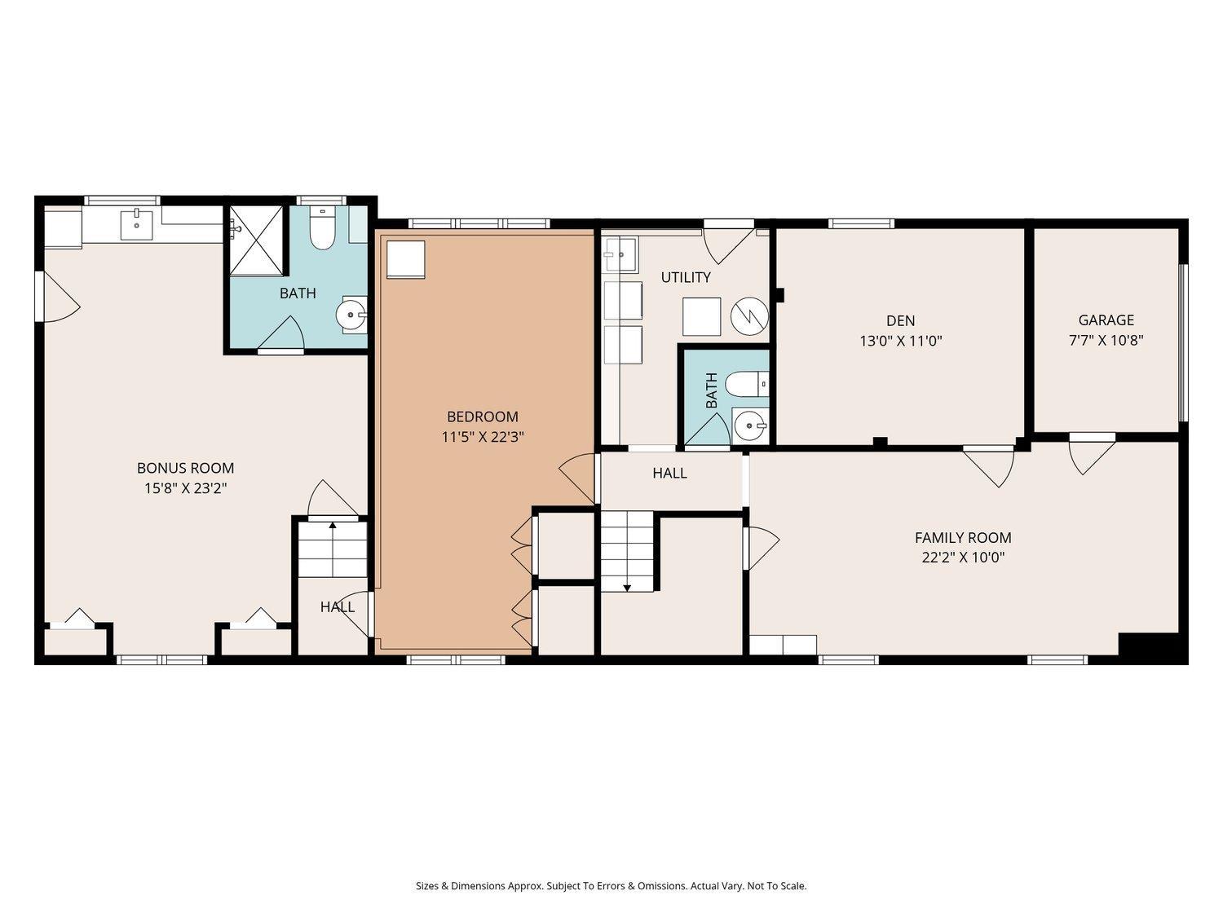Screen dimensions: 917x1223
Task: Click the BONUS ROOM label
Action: [x=185, y=468]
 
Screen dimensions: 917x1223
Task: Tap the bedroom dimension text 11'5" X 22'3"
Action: [x=482, y=437]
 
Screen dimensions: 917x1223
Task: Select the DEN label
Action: [x=900, y=320]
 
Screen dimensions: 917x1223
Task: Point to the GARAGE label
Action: [x=1106, y=320]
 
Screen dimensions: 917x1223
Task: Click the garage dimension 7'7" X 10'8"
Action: [x=1106, y=341]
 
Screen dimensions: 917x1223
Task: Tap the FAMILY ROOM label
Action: [x=962, y=538]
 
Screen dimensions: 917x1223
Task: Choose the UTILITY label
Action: [x=685, y=277]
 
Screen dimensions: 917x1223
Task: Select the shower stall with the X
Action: [x=257, y=241]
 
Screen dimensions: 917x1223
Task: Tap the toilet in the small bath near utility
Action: [x=746, y=382]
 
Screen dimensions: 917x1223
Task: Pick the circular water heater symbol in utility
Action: [x=749, y=316]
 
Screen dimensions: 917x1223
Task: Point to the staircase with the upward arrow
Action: [x=332, y=548]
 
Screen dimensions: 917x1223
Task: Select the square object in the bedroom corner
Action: [x=405, y=259]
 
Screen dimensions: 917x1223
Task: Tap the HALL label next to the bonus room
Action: [x=337, y=607]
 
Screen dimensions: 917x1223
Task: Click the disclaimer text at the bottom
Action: [x=611, y=886]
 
